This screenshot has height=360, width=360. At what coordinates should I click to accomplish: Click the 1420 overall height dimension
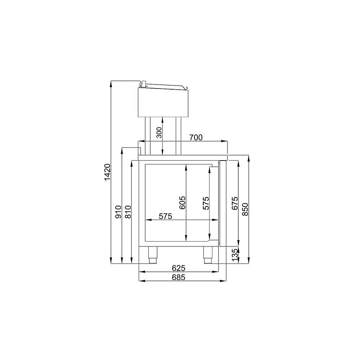pos(107,172)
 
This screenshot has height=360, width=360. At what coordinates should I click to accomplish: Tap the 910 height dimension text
pos(118,212)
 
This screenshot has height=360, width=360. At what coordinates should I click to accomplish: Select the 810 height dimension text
pos(128,212)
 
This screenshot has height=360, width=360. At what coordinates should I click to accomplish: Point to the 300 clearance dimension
pos(159,132)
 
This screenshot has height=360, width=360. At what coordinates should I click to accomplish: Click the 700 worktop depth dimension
pos(196,137)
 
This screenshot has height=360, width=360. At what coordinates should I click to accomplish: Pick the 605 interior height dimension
pos(182,202)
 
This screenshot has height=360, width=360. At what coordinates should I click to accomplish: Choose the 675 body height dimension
pos(235,203)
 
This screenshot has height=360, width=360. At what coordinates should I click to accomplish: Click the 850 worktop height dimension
pos(245,209)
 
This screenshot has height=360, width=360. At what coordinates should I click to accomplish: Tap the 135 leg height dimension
pos(235,255)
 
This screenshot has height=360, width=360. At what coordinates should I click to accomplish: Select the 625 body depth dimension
pos(179,268)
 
